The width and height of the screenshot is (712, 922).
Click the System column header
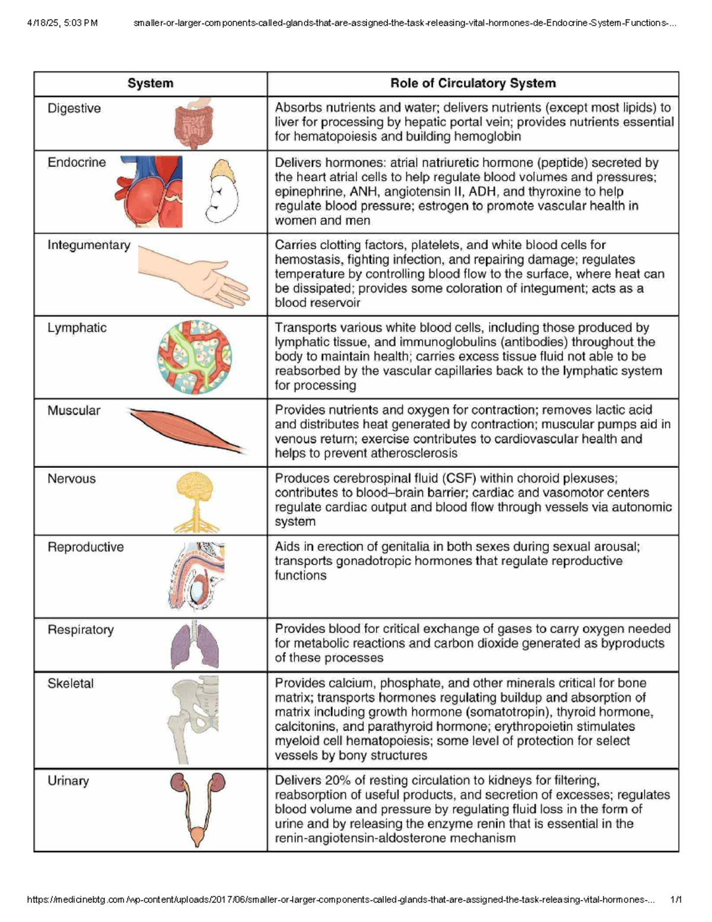[150, 84]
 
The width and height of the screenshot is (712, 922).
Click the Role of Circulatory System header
[473, 84]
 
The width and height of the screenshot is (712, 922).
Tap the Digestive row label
[74, 109]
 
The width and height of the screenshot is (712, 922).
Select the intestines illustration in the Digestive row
[193, 123]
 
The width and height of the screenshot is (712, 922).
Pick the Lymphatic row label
[77, 328]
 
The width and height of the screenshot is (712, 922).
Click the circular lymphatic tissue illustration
[195, 357]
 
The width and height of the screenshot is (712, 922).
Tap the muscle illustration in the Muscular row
[187, 431]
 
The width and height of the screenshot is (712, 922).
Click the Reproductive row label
[85, 547]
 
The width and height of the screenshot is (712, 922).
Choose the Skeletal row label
[71, 683]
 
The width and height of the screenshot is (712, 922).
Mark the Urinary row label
[68, 781]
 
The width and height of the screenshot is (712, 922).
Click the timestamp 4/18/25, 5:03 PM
[62, 23]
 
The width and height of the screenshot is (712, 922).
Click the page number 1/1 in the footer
[676, 899]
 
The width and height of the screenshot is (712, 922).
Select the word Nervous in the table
[71, 479]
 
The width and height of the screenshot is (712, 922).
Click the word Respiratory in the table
[81, 630]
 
